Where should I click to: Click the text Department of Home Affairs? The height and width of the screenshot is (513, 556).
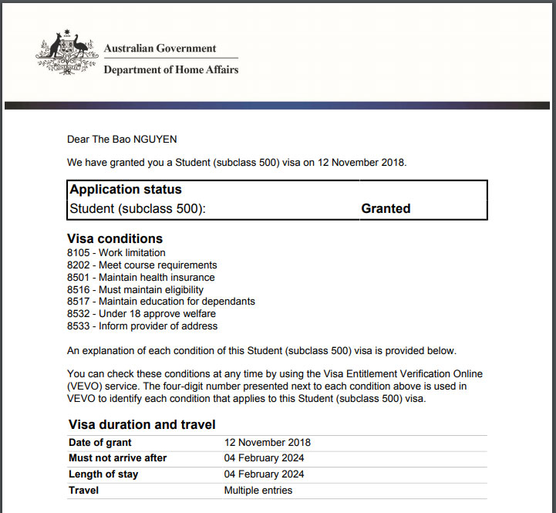pyautogui.click(x=170, y=69)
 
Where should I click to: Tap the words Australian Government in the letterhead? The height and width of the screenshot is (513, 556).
pyautogui.click(x=160, y=49)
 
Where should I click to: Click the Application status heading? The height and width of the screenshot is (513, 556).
pyautogui.click(x=126, y=189)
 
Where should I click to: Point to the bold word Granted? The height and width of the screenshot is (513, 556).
pyautogui.click(x=386, y=208)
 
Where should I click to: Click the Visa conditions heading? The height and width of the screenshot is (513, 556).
pyautogui.click(x=115, y=238)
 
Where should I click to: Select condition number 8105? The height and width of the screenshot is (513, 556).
pyautogui.click(x=79, y=253)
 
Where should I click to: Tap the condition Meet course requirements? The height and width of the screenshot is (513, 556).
pyautogui.click(x=158, y=265)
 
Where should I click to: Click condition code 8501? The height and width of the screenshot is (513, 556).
pyautogui.click(x=79, y=278)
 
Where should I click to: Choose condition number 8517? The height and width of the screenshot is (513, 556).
pyautogui.click(x=79, y=302)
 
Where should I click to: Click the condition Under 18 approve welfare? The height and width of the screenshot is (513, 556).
pyautogui.click(x=157, y=314)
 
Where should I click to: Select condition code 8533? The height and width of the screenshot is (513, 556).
pyautogui.click(x=79, y=326)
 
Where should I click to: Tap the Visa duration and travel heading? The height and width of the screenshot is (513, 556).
pyautogui.click(x=142, y=424)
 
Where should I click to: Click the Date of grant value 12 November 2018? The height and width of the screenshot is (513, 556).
pyautogui.click(x=268, y=443)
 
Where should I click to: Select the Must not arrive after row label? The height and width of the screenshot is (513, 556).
pyautogui.click(x=117, y=458)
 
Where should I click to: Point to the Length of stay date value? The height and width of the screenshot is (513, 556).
pyautogui.click(x=265, y=474)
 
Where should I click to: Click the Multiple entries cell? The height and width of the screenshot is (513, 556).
pyautogui.click(x=258, y=491)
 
